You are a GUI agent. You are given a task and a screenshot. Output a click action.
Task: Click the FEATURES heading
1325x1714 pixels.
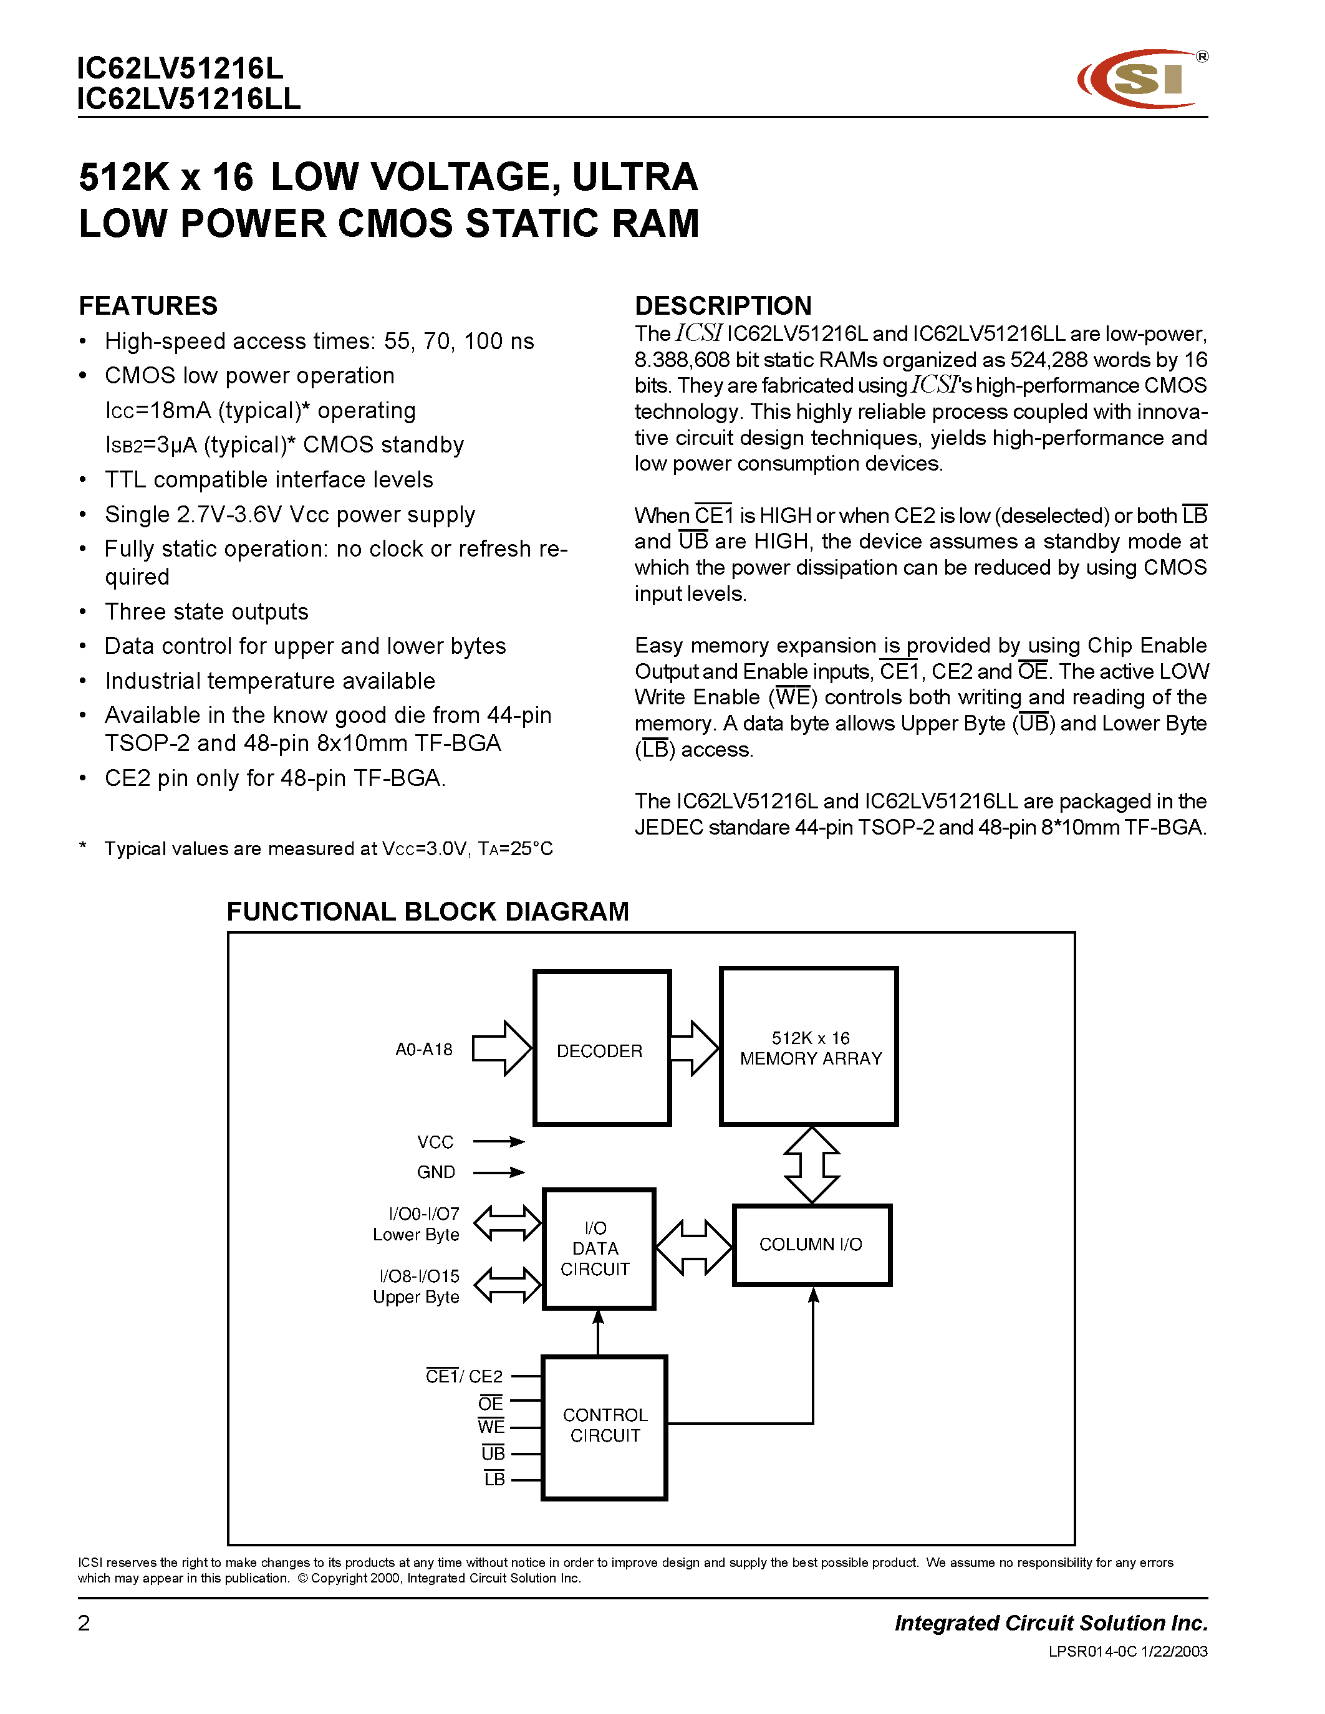click(x=148, y=305)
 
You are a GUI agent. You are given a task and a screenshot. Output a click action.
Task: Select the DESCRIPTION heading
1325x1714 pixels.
click(x=723, y=305)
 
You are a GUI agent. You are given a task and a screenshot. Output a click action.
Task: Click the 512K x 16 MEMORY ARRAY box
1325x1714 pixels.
click(x=809, y=1047)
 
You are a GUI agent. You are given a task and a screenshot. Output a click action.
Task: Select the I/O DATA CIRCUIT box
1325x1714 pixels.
click(x=598, y=1248)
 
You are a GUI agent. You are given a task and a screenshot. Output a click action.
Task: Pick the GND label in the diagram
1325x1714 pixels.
click(x=436, y=1172)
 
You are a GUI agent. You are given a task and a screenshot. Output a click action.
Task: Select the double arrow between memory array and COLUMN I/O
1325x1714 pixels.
click(x=812, y=1165)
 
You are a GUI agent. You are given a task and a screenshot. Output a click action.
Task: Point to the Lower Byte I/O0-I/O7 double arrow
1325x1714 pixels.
click(x=507, y=1223)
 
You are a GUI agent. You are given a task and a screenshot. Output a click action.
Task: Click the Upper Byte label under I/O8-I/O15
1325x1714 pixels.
click(x=416, y=1297)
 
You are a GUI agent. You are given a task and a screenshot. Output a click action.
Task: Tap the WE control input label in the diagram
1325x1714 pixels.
click(x=491, y=1427)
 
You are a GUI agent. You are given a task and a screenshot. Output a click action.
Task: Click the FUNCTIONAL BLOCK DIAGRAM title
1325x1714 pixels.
click(x=428, y=911)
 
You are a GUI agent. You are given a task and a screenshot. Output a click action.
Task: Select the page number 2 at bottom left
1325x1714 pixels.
click(x=84, y=1623)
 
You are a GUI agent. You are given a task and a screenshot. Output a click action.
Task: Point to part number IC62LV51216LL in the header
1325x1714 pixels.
click(x=188, y=100)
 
